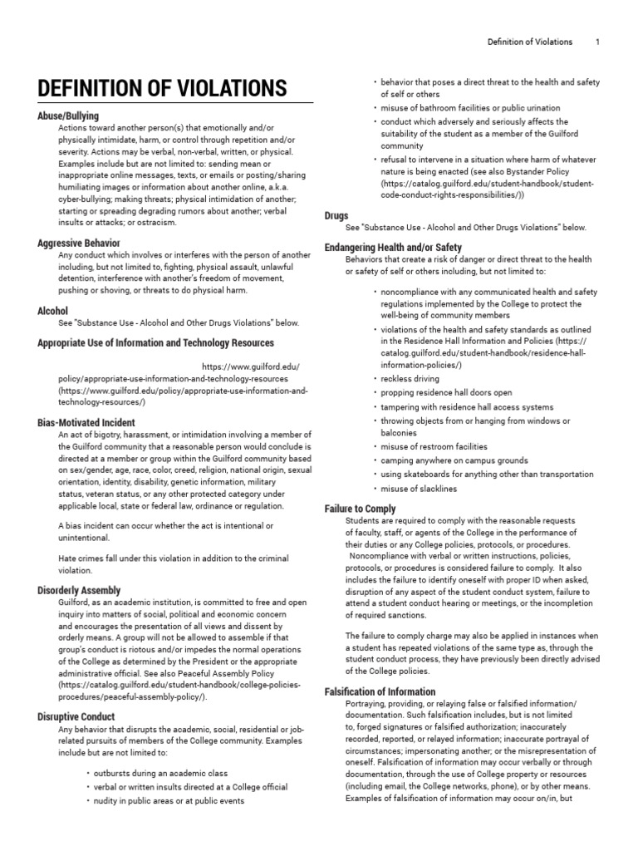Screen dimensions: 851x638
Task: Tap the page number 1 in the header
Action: point(598,42)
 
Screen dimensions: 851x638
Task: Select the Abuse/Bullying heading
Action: point(68,116)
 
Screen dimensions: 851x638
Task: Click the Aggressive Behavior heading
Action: point(79,243)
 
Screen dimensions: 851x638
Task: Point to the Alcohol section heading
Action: point(52,311)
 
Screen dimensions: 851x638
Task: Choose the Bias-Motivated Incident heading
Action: point(86,423)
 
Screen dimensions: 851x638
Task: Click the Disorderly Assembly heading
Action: point(79,589)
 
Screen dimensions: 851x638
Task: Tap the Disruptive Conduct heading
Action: point(76,716)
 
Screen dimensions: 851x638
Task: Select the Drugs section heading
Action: point(336,215)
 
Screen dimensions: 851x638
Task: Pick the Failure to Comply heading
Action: point(359,509)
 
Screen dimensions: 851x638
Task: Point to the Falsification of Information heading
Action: point(379,691)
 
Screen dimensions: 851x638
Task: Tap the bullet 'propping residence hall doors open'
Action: point(446,392)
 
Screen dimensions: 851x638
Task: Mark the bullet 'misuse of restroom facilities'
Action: point(434,446)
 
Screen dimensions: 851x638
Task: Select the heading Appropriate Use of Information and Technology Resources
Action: point(155,343)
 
